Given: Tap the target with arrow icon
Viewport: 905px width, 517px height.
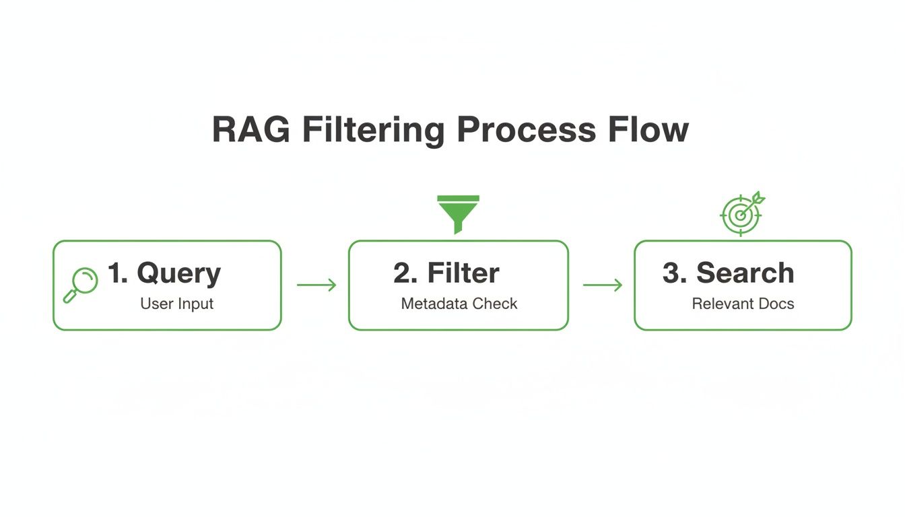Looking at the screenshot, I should (741, 213).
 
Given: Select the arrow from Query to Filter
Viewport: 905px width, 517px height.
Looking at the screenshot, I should (316, 285).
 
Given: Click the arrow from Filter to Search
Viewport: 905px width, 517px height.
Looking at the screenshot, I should (602, 285).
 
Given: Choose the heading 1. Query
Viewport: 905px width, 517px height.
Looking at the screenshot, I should (164, 273).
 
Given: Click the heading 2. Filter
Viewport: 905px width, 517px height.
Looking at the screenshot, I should (446, 273).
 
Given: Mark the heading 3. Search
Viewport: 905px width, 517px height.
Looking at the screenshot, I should (728, 273).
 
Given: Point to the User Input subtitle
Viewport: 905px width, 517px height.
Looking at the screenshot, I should (176, 304).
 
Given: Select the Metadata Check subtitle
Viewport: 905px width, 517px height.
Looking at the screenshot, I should (459, 304).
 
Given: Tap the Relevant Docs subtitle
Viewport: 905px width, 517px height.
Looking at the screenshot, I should (743, 304).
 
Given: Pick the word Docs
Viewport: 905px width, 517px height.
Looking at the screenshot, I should (778, 304).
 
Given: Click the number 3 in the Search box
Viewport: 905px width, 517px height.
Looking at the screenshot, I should (671, 273).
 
